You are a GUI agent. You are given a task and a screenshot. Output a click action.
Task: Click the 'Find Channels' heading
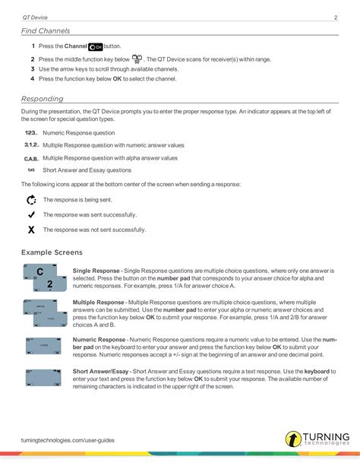pyautogui.click(x=46, y=31)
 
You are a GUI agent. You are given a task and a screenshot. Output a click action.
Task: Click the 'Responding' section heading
pyautogui.click(x=43, y=99)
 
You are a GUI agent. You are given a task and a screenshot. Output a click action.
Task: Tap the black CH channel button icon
pyautogui.click(x=95, y=47)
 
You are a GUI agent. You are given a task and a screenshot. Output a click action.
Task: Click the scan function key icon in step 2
pyautogui.click(x=137, y=59)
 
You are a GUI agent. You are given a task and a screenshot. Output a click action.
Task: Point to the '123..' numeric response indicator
pyautogui.click(x=31, y=132)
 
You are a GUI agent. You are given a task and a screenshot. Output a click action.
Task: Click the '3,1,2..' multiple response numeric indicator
pyautogui.click(x=31, y=144)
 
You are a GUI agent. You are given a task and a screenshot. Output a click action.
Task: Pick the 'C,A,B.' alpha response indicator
pyautogui.click(x=31, y=158)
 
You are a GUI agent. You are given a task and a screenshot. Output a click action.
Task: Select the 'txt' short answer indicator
pyautogui.click(x=31, y=170)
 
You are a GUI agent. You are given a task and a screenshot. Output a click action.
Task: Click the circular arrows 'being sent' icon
pyautogui.click(x=31, y=201)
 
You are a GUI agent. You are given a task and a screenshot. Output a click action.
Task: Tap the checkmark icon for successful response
pyautogui.click(x=31, y=215)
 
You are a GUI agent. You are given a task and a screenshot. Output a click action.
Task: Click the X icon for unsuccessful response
pyautogui.click(x=31, y=230)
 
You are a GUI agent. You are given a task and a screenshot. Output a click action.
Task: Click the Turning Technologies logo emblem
pyautogui.click(x=293, y=439)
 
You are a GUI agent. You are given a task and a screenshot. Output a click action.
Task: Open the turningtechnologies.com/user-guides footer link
pyautogui.click(x=68, y=439)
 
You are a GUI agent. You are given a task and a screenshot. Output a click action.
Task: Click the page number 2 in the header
pyautogui.click(x=335, y=16)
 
